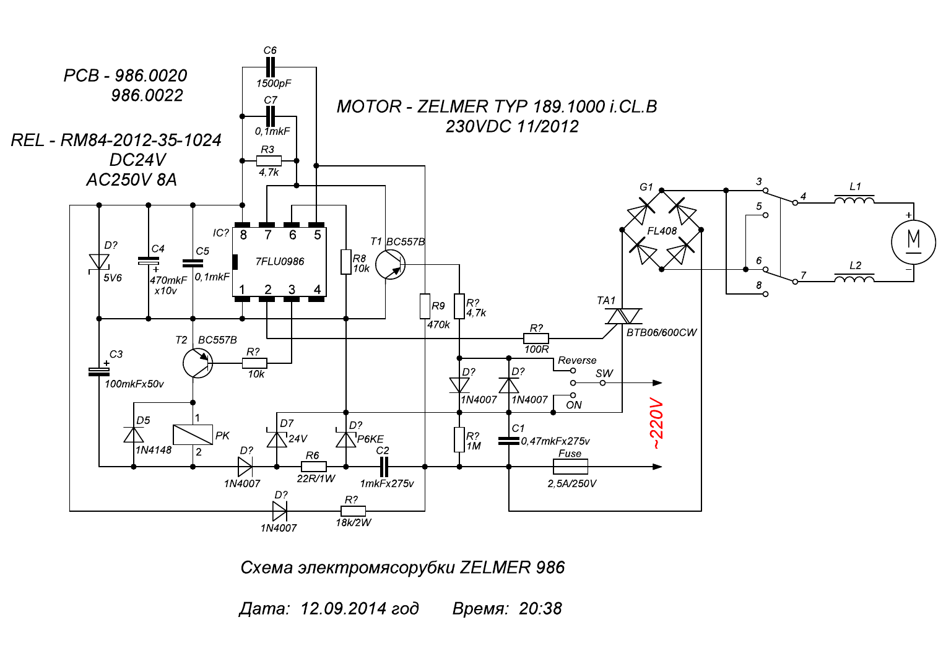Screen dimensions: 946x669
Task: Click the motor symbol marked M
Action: pyautogui.click(x=913, y=242)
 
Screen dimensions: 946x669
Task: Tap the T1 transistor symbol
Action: pyautogui.click(x=390, y=265)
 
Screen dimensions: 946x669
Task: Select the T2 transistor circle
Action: pyautogui.click(x=197, y=363)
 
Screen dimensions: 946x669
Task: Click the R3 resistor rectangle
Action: pyautogui.click(x=269, y=161)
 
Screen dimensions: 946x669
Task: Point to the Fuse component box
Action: pyautogui.click(x=570, y=467)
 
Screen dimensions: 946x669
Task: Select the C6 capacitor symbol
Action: pyautogui.click(x=270, y=67)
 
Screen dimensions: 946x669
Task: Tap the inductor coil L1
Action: pyautogui.click(x=854, y=200)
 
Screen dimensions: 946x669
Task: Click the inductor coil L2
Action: pyautogui.click(x=854, y=278)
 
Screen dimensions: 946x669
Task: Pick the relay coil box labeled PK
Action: pyautogui.click(x=193, y=434)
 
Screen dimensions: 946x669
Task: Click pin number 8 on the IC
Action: pyautogui.click(x=243, y=235)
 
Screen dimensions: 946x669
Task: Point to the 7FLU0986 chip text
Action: pyautogui.click(x=280, y=262)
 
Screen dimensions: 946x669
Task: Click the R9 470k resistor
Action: pyautogui.click(x=425, y=306)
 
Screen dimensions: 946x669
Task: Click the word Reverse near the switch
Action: pyautogui.click(x=577, y=360)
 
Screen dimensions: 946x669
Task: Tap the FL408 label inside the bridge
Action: pyautogui.click(x=662, y=231)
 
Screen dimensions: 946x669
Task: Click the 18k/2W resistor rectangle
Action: pyautogui.click(x=353, y=511)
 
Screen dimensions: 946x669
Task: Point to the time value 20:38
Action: pyautogui.click(x=540, y=608)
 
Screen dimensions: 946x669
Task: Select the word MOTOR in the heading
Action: pyautogui.click(x=369, y=106)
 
